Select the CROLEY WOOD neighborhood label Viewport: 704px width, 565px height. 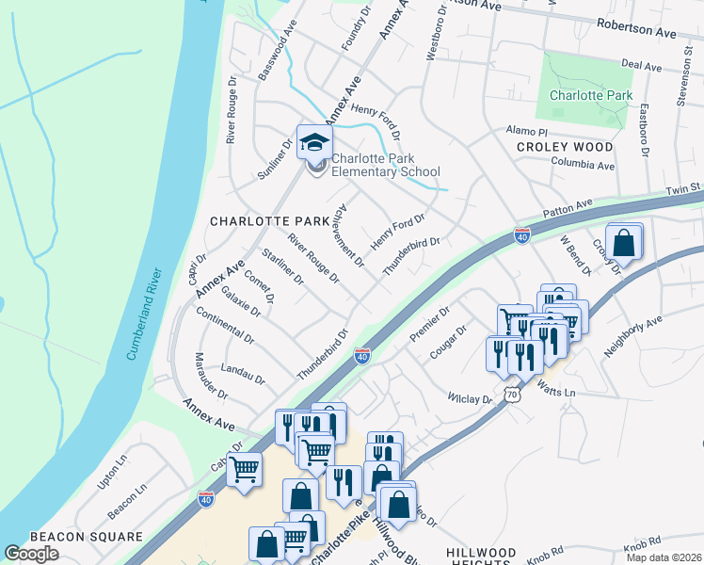[x=565, y=148]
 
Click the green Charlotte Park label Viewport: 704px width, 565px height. [x=591, y=96]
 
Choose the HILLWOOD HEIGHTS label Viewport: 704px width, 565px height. [x=480, y=558]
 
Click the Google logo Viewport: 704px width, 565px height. [x=31, y=553]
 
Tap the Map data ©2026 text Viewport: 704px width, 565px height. [x=664, y=557]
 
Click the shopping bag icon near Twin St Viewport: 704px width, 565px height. [x=623, y=242]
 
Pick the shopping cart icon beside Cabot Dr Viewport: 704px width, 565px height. [x=245, y=467]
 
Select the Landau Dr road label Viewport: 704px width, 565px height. [x=243, y=374]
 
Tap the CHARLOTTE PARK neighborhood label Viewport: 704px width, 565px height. [x=269, y=221]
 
